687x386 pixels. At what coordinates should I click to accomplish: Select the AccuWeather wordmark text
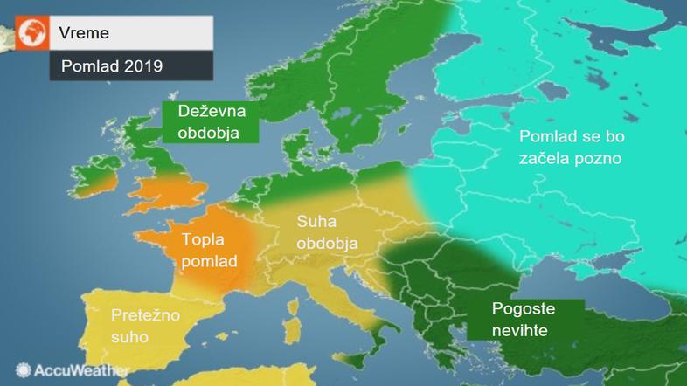[81, 370]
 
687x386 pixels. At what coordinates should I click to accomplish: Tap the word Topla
[203, 239]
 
